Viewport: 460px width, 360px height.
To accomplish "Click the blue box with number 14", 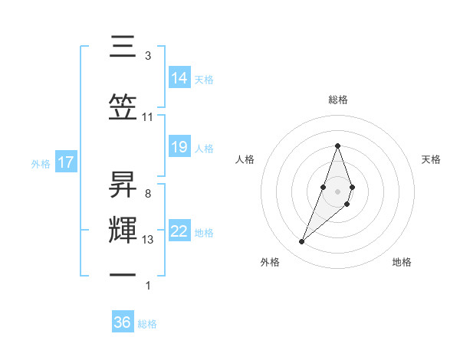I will [179, 77].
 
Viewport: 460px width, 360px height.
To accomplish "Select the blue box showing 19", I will [179, 147].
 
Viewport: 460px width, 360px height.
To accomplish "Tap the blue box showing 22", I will [179, 231].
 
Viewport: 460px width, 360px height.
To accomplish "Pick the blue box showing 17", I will [65, 162].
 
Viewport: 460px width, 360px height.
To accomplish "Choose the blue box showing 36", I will [123, 322].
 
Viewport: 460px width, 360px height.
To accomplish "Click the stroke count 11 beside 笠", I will [148, 116].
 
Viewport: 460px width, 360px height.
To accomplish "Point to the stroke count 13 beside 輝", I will [148, 240].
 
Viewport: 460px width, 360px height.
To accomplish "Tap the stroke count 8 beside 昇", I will [147, 194].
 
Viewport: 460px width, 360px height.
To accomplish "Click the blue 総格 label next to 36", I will [147, 324].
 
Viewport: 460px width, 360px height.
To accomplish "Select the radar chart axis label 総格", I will [337, 100].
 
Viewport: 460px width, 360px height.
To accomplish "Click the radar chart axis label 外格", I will [270, 263].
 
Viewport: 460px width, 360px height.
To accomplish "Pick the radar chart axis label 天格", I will [431, 159].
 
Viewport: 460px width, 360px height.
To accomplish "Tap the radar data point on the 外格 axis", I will [301, 242].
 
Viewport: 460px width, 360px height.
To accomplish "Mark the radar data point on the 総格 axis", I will [337, 146].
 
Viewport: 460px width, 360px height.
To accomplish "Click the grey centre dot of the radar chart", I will [337, 191].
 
